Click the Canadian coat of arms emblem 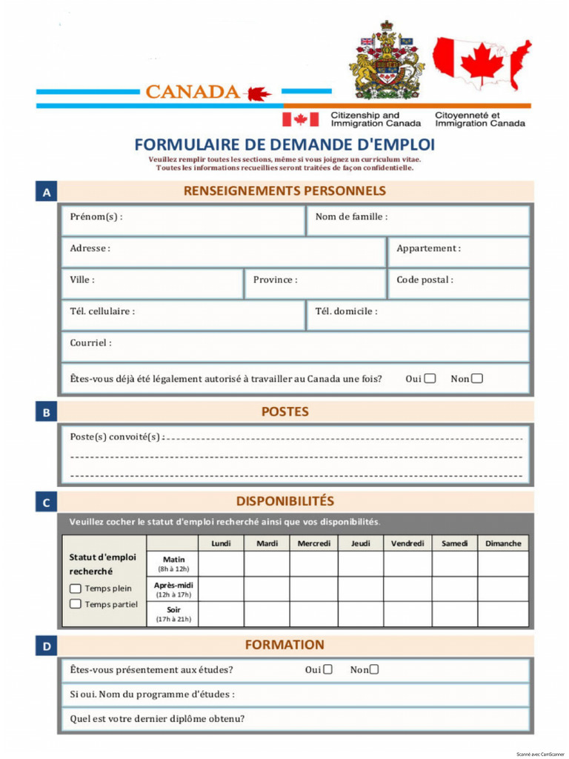386,60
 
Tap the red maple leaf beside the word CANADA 259,93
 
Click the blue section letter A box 47,193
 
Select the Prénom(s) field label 96,217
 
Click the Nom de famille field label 351,217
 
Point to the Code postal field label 425,280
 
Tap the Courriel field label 91,343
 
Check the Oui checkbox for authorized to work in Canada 430,379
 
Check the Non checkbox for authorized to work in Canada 477,379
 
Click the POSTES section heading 284,411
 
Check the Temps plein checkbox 76,589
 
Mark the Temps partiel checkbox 76,604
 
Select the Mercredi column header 314,543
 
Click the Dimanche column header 503,543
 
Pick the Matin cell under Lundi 221,564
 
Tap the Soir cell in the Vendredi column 407,614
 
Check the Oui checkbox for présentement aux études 327,670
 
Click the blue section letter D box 47,647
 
